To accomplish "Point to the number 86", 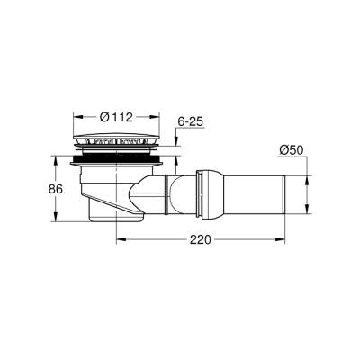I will pyautogui.click(x=33, y=191).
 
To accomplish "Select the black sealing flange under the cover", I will pyautogui.click(x=117, y=163).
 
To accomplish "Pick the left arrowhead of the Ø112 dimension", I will pyautogui.click(x=75, y=117).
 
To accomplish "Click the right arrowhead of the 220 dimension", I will pyautogui.click(x=284, y=241).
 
